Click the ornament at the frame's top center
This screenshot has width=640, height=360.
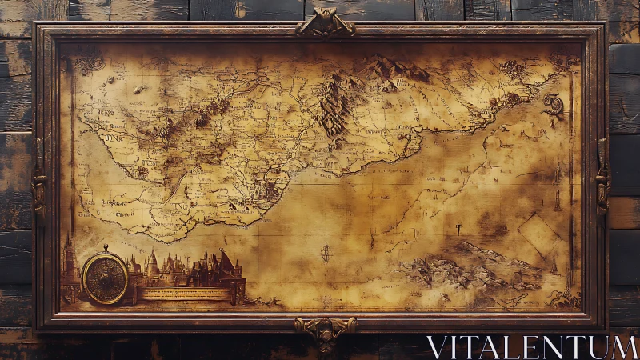(x=325, y=23)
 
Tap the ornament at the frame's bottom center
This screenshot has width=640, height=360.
(x=325, y=330)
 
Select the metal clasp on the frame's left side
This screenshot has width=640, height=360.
(x=38, y=186)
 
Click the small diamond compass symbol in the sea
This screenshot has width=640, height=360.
(x=326, y=254)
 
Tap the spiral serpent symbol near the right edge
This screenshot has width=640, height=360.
(x=553, y=103)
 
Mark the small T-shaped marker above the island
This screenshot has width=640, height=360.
(x=458, y=229)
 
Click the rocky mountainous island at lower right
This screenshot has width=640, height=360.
(x=472, y=268)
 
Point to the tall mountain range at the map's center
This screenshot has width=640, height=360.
(x=334, y=108)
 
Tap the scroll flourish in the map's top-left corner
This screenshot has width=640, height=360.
(x=88, y=62)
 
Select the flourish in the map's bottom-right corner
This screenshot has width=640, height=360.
(x=562, y=298)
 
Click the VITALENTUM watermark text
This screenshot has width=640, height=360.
(x=531, y=346)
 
